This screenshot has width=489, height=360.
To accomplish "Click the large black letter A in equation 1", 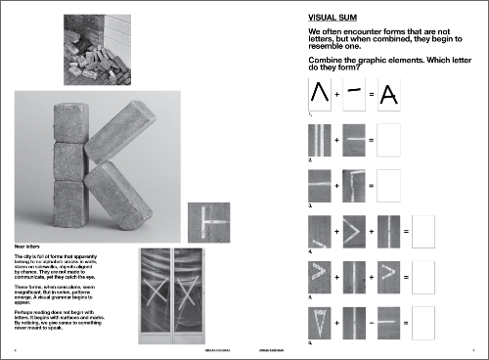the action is click(388, 95).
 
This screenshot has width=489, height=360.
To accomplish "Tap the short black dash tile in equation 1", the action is click(354, 95).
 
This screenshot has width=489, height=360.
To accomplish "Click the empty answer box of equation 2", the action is click(388, 141).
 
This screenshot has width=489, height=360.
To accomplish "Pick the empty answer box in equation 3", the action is click(388, 185).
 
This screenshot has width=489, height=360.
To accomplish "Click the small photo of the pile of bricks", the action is click(95, 50).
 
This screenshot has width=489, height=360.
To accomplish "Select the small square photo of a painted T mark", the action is click(208, 221).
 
